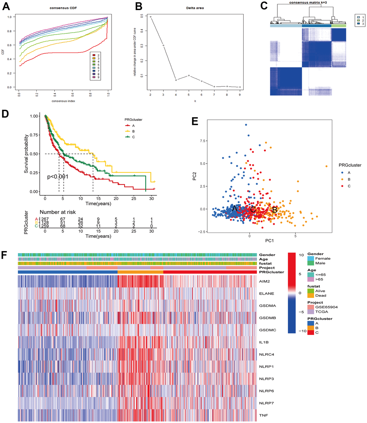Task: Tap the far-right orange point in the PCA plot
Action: pyautogui.click(x=326, y=166)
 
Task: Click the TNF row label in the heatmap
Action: pyautogui.click(x=263, y=416)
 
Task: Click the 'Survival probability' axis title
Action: pyautogui.click(x=27, y=154)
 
